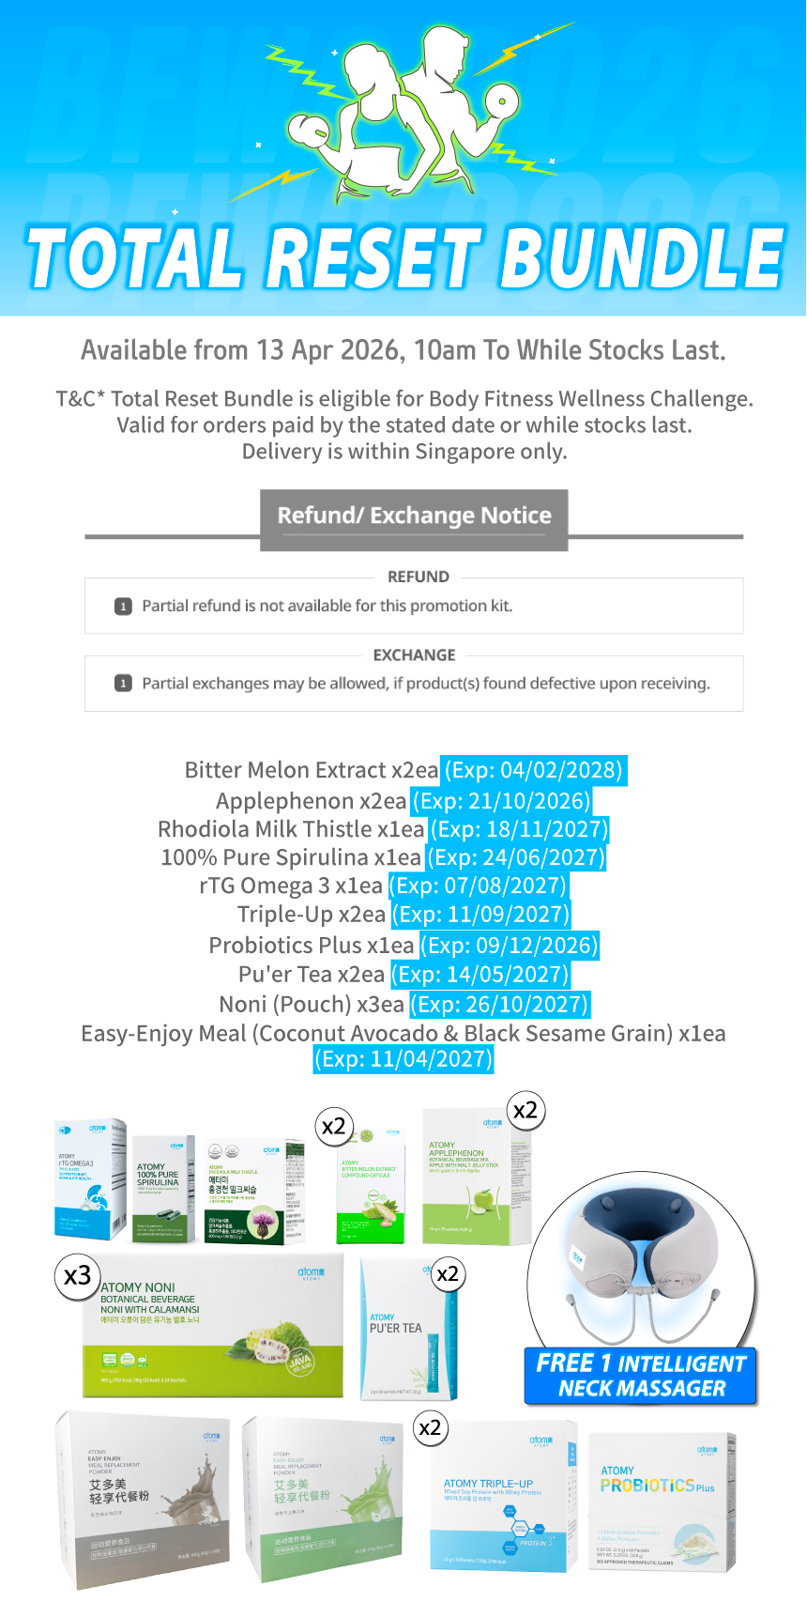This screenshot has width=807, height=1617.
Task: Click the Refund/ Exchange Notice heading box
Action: click(x=414, y=516)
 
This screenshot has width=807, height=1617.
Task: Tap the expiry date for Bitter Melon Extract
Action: click(x=533, y=770)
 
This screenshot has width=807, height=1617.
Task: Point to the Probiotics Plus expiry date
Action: click(x=509, y=945)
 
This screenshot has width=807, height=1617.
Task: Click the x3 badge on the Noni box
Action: click(x=78, y=1275)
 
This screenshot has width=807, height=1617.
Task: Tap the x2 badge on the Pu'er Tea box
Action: click(x=448, y=1273)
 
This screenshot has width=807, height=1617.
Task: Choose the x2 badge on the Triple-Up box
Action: click(x=430, y=1427)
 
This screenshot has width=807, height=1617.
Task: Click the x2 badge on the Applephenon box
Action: click(x=525, y=1110)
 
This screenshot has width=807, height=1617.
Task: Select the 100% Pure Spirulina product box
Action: click(x=163, y=1190)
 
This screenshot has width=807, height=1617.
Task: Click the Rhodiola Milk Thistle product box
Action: click(x=254, y=1192)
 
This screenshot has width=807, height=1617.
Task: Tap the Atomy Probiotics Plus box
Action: click(x=661, y=1501)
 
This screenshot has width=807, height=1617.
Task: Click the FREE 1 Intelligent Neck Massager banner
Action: click(x=641, y=1376)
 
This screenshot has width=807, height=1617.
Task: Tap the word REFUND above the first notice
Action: click(x=418, y=577)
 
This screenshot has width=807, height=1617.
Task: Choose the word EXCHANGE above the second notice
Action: click(x=414, y=654)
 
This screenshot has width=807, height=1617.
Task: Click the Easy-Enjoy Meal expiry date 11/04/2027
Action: click(x=403, y=1059)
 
